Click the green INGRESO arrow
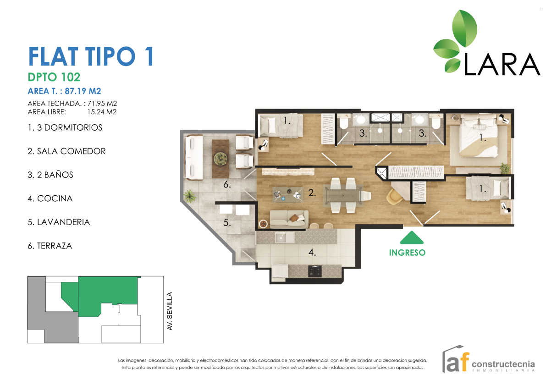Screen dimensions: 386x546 (412, 238)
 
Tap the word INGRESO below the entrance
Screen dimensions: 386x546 (407, 253)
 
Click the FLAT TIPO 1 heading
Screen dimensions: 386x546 (91, 57)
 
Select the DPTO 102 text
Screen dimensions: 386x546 (54, 77)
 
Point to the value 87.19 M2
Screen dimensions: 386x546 (83, 91)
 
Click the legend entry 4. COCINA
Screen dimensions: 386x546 (50, 199)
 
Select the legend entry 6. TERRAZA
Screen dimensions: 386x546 (50, 246)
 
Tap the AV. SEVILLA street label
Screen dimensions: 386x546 (170, 311)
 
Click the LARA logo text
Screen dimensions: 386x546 (502, 65)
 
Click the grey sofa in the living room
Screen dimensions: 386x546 (288, 219)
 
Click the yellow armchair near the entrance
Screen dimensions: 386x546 (394, 197)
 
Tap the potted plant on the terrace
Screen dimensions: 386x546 (188, 196)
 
